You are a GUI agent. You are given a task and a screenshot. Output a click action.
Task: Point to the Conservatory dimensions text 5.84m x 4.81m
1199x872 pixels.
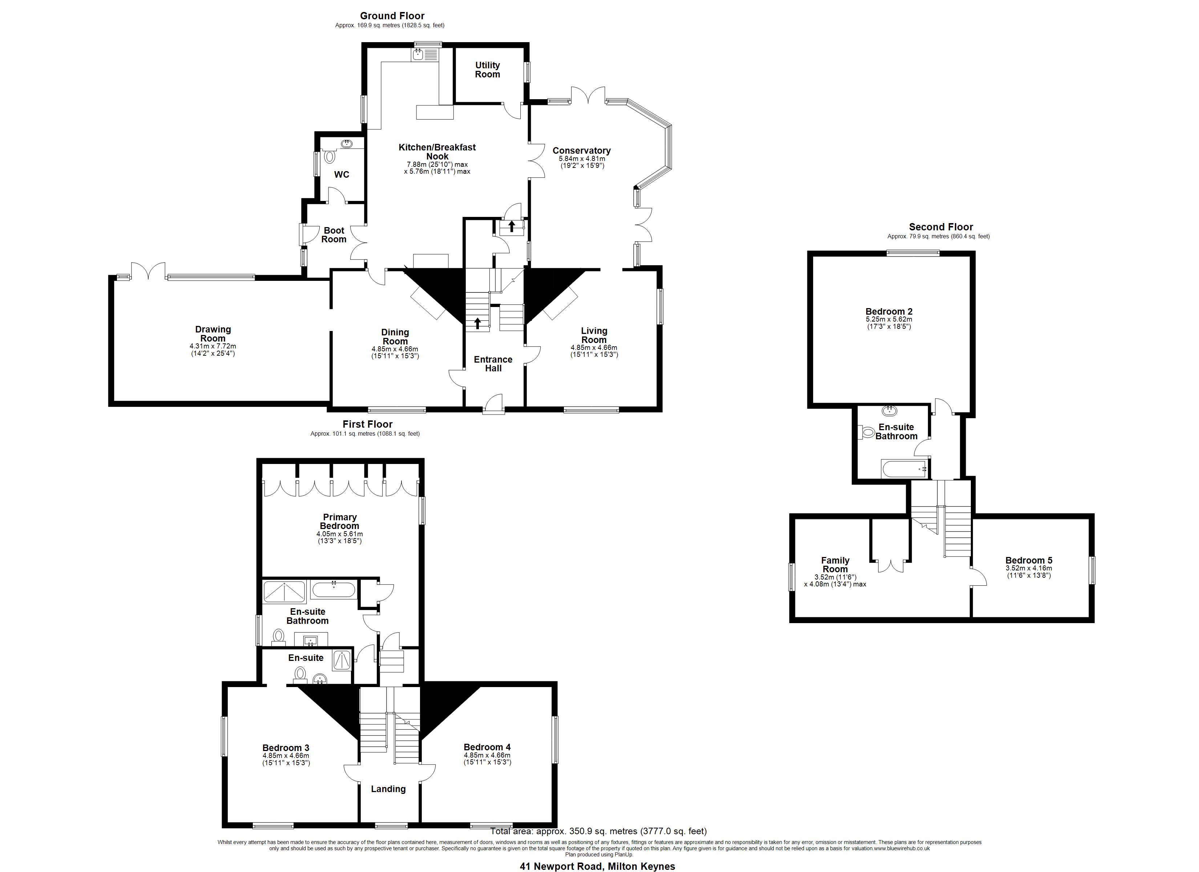pos(582,159)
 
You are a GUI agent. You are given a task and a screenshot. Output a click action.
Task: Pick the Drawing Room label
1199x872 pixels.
pos(213,334)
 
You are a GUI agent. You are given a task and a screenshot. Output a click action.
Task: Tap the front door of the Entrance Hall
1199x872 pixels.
pos(494,404)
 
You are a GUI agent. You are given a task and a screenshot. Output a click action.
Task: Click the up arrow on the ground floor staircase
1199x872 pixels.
pos(477,323)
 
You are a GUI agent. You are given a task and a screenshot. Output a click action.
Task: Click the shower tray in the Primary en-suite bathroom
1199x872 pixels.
pos(284,592)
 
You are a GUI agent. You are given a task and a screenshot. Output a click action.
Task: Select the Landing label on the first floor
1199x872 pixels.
pos(388,788)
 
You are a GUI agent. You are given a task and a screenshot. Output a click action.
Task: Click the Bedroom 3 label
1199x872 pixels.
pos(286,747)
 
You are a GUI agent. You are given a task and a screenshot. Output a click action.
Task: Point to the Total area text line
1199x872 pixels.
pos(598,831)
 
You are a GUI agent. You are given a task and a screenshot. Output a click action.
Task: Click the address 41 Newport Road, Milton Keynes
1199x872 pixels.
pos(597,866)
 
